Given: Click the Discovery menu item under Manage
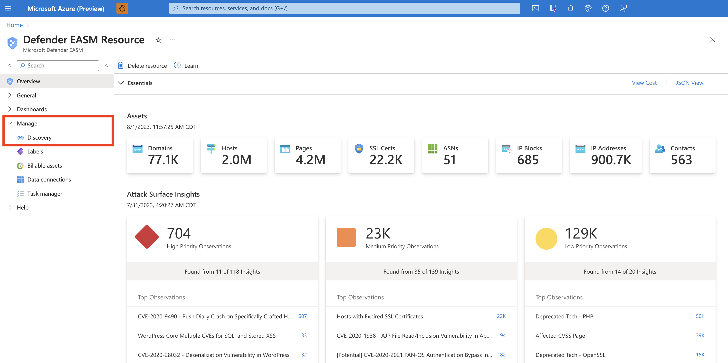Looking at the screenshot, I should pos(39,138).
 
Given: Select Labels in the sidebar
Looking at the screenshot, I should pos(35,152).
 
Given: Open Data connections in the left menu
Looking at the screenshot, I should pos(49,179).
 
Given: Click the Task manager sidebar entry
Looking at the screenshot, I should pos(45,193).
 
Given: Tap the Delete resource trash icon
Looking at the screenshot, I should pos(121,66).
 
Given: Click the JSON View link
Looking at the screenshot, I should pos(689,83).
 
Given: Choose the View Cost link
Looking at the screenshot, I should pos(644,83).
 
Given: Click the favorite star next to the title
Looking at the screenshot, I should pos(159,40).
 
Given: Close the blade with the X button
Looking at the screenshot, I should pos(712,40).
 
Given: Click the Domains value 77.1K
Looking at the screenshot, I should pos(163,160).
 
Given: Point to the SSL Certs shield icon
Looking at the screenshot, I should pos(359,148).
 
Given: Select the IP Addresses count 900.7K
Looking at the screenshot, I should pos(611,160).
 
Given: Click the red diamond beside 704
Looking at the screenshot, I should pos(147,237).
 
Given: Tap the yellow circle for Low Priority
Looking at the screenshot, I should pos(546,239).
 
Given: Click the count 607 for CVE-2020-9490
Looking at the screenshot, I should pos(302,316).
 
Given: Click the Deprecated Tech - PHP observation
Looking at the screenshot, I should pos(564,316).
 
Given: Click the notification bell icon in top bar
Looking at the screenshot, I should pos(570,8).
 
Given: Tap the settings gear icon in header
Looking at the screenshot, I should pos(588,8).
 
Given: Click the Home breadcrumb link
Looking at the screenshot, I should pos(14,25).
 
